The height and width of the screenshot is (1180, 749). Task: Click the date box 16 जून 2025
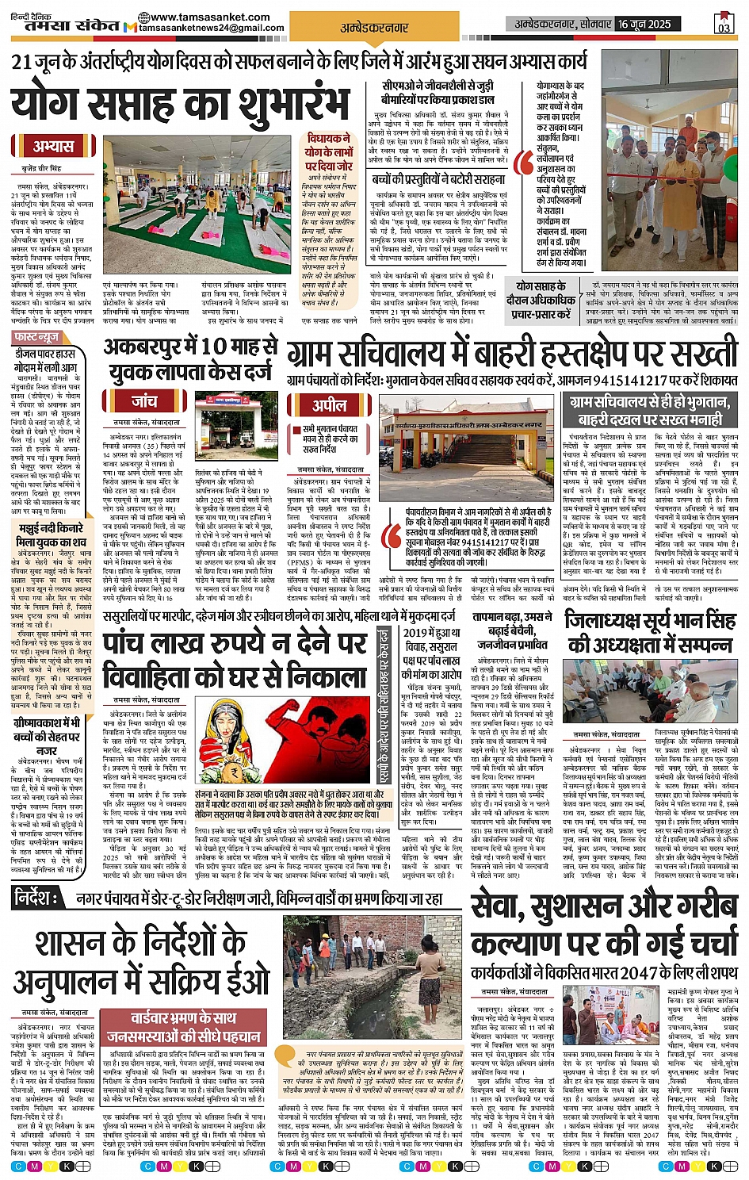click(644, 25)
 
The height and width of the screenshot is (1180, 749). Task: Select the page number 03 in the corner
click(724, 25)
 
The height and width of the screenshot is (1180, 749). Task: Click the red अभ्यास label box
click(52, 147)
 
